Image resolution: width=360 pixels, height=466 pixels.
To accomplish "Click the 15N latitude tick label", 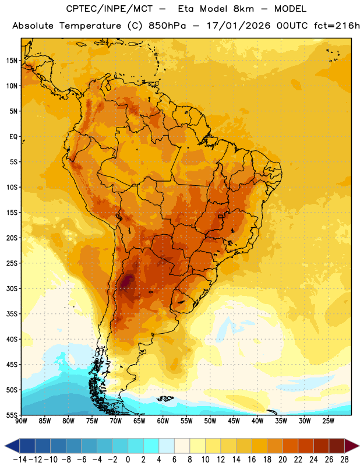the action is point(12,61).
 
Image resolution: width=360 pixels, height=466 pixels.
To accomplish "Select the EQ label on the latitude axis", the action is point(13,137).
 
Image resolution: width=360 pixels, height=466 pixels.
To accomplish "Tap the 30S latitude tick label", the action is point(12,288).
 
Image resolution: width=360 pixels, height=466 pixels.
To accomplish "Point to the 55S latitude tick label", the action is point(12,415).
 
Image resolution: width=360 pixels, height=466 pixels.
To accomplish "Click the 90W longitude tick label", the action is point(21,421).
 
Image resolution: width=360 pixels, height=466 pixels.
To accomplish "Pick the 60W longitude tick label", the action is point(163,421).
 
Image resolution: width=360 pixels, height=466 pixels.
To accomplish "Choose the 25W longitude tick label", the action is point(328,421).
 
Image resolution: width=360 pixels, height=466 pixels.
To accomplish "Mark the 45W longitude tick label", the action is point(234,421).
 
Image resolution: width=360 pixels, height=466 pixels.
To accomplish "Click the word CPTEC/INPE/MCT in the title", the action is point(109,9).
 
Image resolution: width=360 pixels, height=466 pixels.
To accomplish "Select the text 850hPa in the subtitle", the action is point(167,26).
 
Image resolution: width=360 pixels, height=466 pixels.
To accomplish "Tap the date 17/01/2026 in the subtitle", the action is point(238,26).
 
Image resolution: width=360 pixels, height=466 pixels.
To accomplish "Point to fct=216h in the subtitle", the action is point(337,26).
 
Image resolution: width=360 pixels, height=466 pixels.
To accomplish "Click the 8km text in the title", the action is point(243,9).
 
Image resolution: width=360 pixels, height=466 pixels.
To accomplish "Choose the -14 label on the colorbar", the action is point(20,460).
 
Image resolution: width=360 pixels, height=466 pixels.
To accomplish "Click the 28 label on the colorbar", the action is point(344,460).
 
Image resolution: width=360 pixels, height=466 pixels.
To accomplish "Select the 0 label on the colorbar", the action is point(128,460).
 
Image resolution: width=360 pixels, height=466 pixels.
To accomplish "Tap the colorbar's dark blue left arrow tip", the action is point(5,446).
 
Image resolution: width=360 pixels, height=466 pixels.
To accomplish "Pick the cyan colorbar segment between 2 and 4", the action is point(151,446).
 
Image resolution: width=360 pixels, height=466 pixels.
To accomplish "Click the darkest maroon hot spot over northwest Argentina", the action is point(126,281).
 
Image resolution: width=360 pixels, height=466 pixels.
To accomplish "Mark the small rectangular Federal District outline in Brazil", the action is point(220,216).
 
